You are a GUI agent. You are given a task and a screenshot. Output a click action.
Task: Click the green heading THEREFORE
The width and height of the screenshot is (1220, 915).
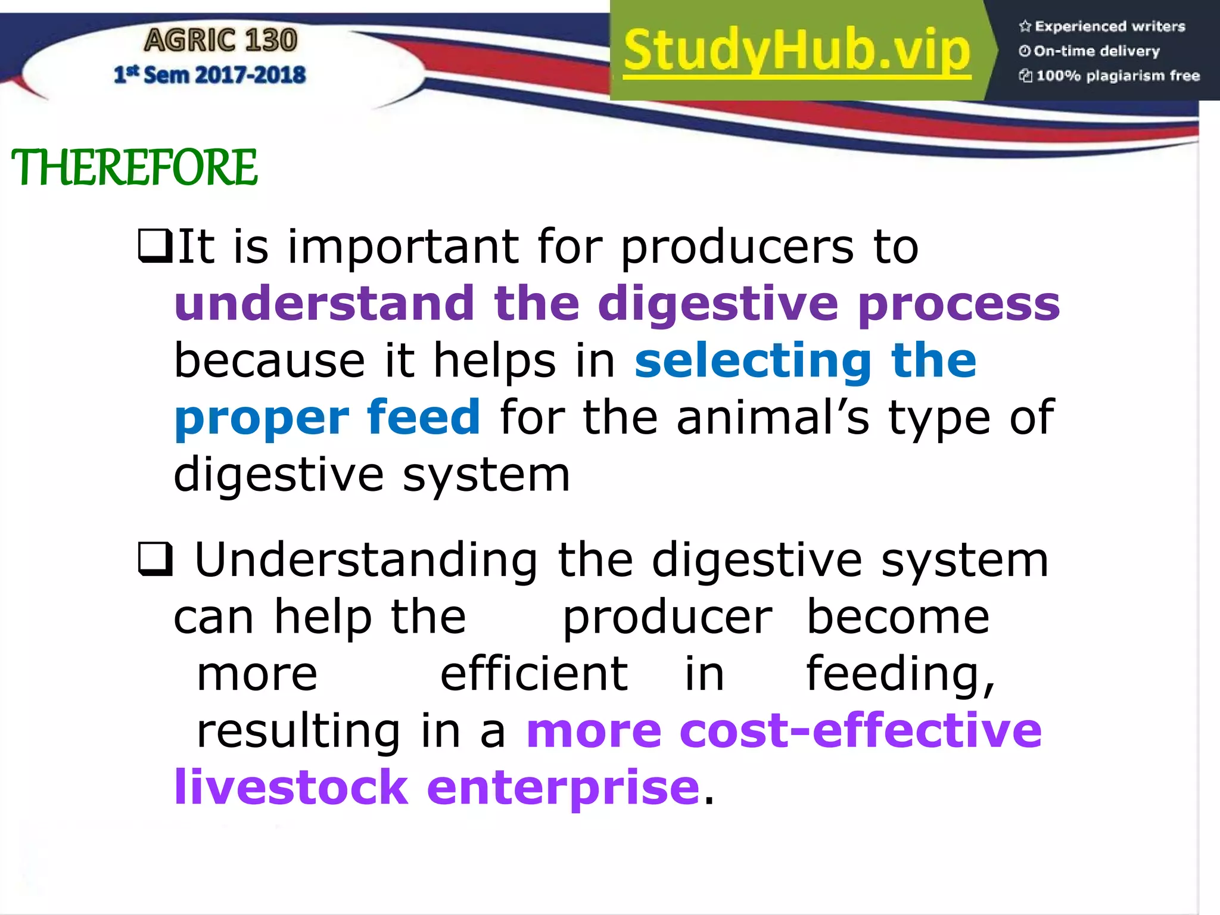(x=134, y=167)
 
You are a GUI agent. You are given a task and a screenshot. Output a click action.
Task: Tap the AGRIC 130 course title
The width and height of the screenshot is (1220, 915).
(x=220, y=41)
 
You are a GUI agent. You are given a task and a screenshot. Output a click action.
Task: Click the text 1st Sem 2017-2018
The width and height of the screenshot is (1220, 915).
(x=210, y=75)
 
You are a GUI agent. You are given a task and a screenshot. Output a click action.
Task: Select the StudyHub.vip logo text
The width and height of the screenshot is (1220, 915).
(x=797, y=51)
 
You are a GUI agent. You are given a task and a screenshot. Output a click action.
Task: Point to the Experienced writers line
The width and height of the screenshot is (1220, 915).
(x=1102, y=26)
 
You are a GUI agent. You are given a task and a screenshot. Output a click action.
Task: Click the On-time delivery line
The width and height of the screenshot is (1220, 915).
(x=1090, y=51)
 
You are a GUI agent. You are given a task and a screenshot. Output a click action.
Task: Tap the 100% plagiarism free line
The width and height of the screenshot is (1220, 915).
(x=1109, y=76)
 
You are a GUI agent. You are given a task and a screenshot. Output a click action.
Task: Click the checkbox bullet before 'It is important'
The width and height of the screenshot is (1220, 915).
(x=155, y=247)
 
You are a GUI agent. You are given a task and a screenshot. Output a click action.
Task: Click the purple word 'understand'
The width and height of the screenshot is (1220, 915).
(x=324, y=304)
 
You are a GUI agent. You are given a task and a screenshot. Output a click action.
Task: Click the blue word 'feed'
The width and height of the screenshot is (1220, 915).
(x=423, y=417)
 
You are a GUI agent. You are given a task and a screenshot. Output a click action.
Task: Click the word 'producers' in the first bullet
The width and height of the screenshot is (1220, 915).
(x=737, y=247)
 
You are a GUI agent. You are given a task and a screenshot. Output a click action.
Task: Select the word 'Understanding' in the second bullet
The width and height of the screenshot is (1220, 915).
(x=366, y=561)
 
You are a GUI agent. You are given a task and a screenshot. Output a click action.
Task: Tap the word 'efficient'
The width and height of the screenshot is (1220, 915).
(x=534, y=674)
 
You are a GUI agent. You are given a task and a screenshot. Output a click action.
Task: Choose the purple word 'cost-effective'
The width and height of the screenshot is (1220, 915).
(x=860, y=730)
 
